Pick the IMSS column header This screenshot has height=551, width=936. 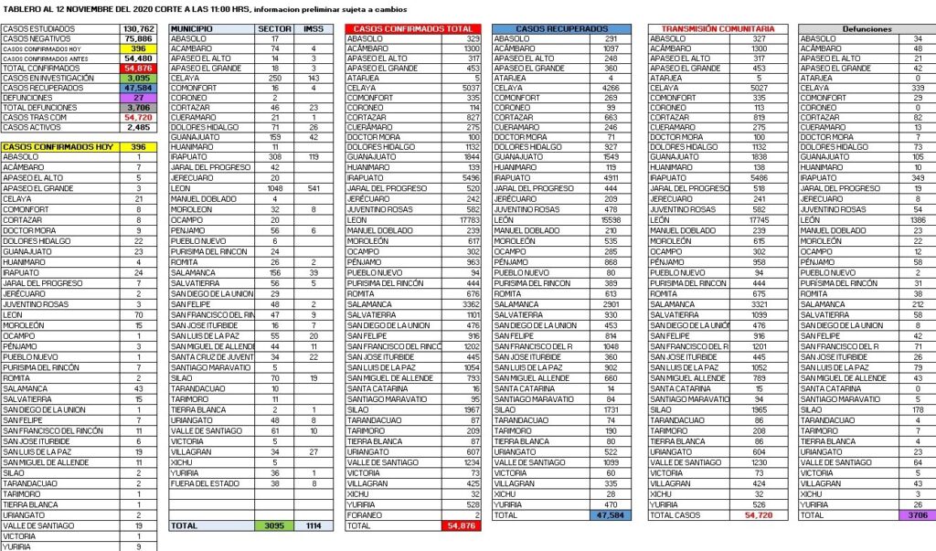tap(313, 28)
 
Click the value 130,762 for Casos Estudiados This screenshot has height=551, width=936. tap(137, 28)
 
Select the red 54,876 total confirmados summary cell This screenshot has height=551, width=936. tap(137, 68)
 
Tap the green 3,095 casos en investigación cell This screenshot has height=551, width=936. tap(137, 78)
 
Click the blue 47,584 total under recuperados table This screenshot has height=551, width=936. tap(613, 515)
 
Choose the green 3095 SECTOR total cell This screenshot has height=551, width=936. tap(271, 526)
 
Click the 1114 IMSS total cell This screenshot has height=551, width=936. tap(313, 526)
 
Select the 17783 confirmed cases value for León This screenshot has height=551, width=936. tap(467, 219)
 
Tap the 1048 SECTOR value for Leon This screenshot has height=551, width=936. tap(271, 189)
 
